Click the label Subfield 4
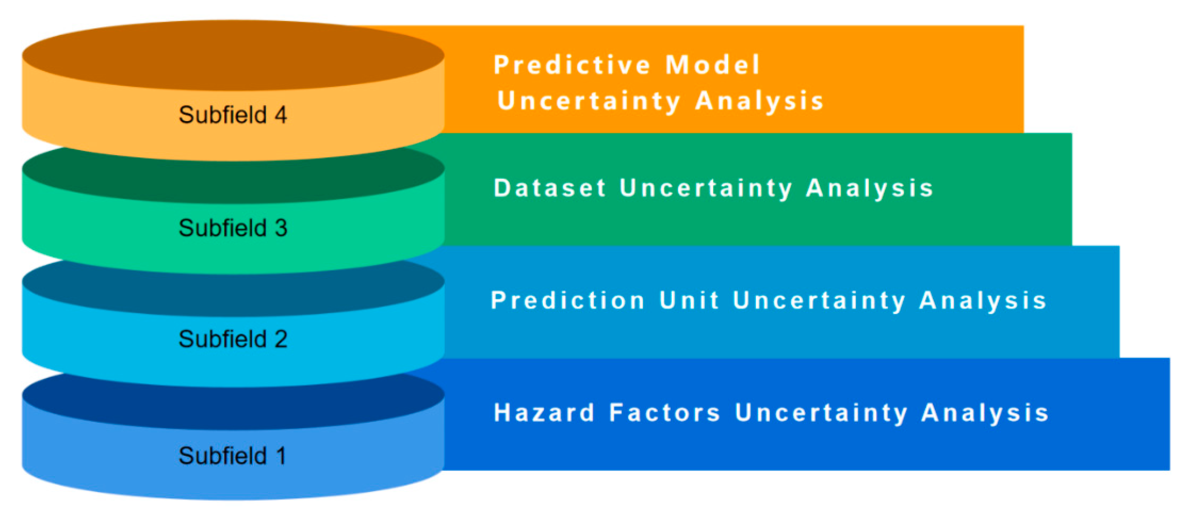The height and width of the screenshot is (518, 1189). tap(233, 114)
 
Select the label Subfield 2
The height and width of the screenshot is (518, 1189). tap(233, 339)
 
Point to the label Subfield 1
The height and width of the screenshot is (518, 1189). tap(232, 456)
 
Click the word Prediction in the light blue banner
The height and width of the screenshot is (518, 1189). tap(568, 300)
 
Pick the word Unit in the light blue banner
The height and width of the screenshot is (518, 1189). tap(689, 300)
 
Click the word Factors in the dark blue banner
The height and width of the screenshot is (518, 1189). tap(665, 413)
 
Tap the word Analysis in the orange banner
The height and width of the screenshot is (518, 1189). tap(760, 101)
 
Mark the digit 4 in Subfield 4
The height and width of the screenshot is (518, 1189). tap(280, 114)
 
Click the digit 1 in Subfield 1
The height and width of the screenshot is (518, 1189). tap(281, 456)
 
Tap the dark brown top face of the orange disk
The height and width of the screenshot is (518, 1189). tap(233, 56)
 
